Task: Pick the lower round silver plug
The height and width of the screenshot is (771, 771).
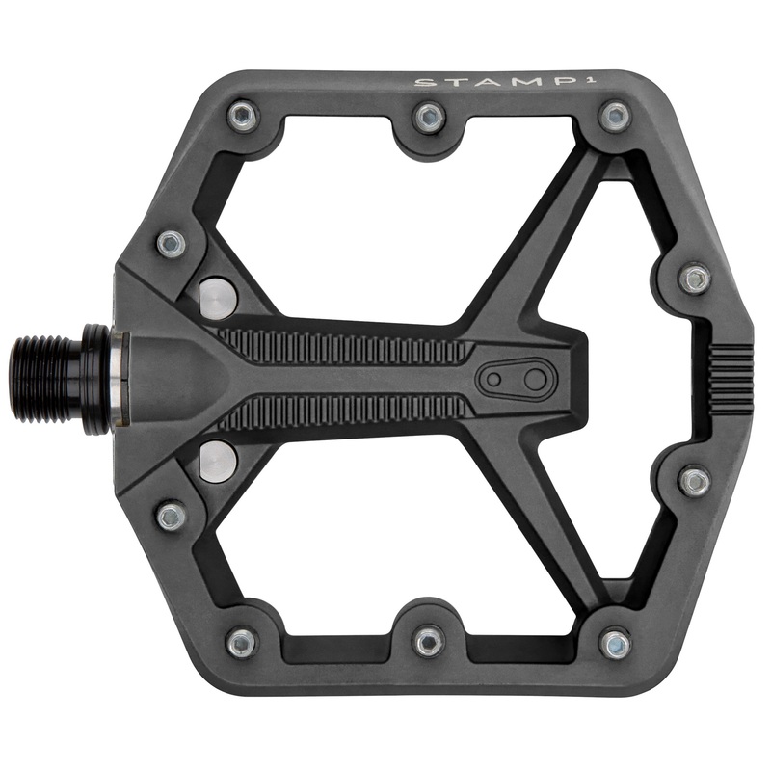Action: [x=218, y=460]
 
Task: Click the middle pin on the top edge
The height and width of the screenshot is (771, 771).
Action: [x=428, y=118]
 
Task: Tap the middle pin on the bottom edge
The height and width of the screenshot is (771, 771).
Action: [x=428, y=639]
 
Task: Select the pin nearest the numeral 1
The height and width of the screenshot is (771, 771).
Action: [x=614, y=117]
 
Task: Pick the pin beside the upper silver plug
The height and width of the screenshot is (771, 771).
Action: [x=172, y=243]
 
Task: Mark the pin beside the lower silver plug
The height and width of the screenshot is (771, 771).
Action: [x=172, y=516]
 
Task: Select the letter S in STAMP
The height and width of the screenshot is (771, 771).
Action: [x=421, y=82]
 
